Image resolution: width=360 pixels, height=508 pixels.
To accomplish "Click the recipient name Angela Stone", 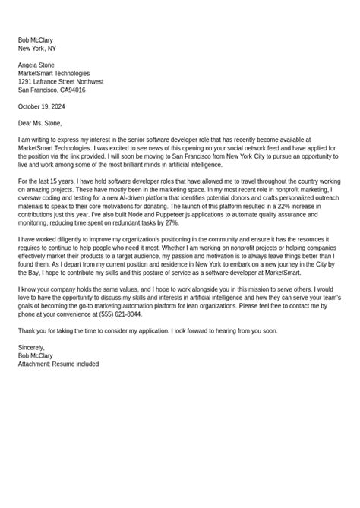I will tap(36, 65).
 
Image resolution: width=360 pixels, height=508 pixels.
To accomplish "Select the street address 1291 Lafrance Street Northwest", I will tap(61, 82).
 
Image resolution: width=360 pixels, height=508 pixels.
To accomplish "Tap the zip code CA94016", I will tap(73, 90).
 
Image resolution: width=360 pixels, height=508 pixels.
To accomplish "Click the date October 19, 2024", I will tap(41, 107).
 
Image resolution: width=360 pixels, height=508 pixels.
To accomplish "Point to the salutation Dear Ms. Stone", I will tap(39, 124).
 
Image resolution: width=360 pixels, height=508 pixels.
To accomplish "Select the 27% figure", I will tap(171, 223).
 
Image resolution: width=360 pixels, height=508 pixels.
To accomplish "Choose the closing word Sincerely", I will tap(31, 348).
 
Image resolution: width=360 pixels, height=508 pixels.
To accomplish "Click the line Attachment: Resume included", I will tap(58, 364).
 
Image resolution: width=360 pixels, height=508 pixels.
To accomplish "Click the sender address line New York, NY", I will tap(37, 49).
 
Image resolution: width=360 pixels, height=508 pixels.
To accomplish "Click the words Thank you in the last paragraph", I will tap(32, 331).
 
